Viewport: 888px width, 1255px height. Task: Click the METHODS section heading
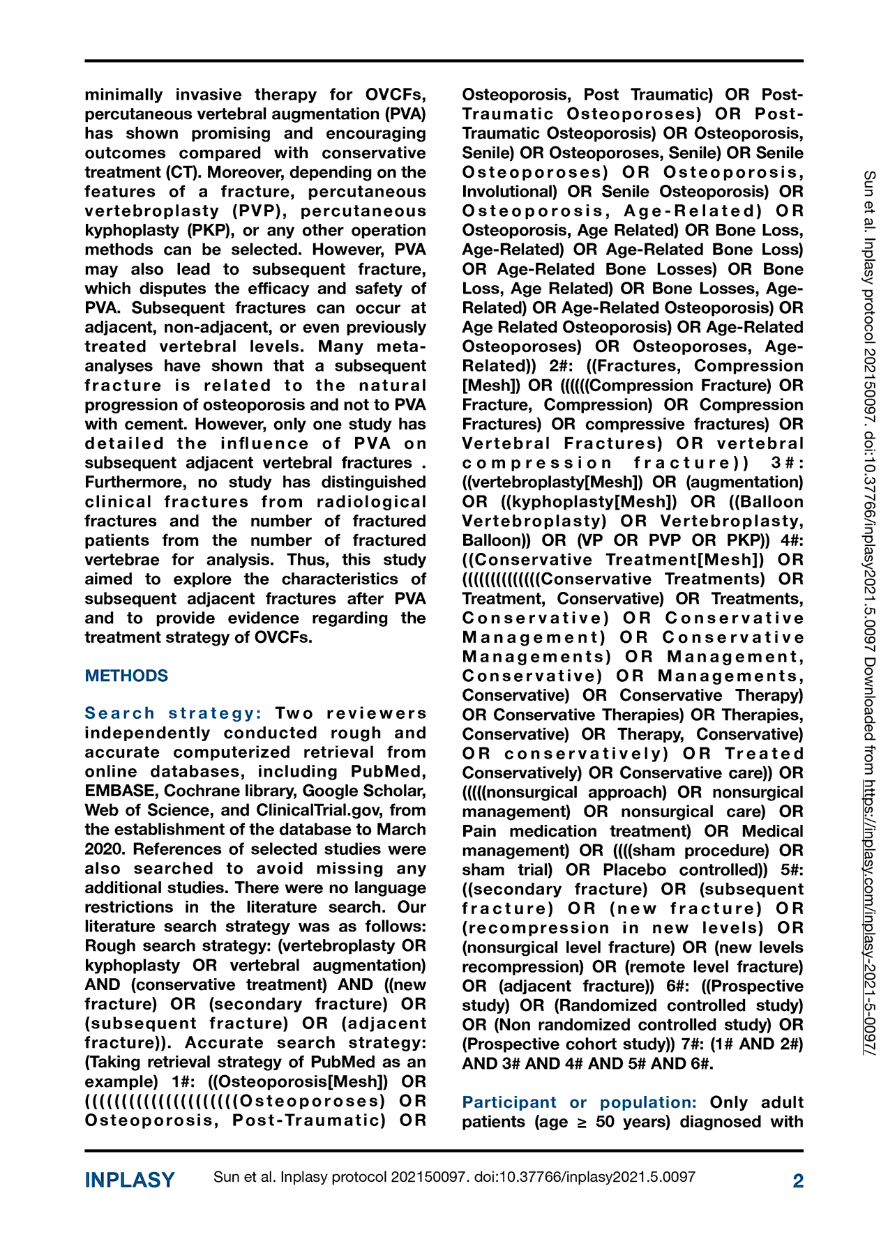[126, 676]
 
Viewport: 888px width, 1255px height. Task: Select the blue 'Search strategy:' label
[173, 713]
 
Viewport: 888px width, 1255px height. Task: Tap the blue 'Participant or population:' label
[579, 1102]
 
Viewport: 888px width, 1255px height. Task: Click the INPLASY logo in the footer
[130, 1180]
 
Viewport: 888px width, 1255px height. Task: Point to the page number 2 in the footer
[798, 1180]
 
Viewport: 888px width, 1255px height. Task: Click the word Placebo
[634, 870]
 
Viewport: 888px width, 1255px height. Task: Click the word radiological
[371, 501]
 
